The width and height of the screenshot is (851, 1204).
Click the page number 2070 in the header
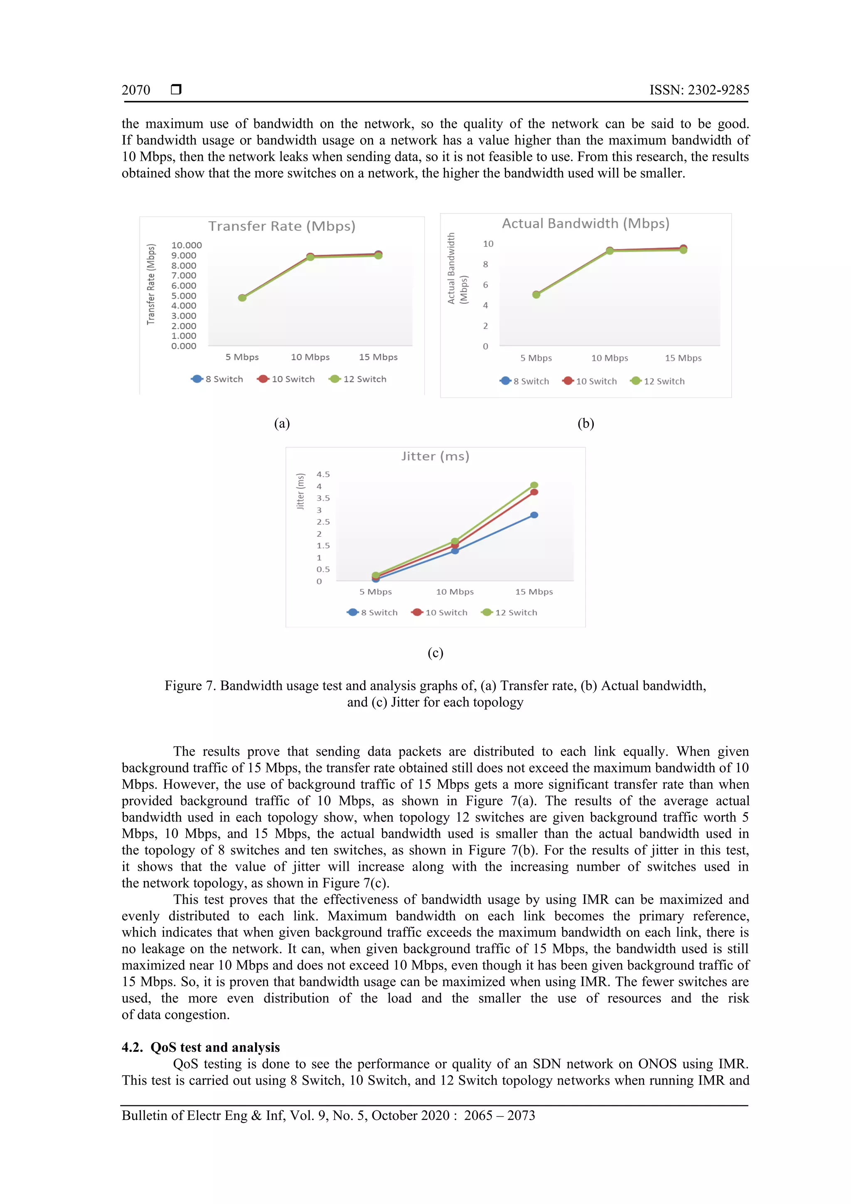click(136, 90)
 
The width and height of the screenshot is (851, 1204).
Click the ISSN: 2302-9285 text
click(699, 90)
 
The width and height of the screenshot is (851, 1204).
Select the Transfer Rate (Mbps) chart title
click(282, 226)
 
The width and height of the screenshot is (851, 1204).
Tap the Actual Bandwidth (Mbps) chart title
click(585, 224)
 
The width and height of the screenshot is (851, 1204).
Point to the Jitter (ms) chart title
click(435, 456)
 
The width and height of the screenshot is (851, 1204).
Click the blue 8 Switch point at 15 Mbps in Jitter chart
click(534, 515)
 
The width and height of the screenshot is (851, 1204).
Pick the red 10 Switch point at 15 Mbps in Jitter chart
click(534, 492)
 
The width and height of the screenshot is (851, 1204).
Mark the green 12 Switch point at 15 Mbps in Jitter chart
click(534, 485)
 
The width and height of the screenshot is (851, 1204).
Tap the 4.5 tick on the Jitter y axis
click(323, 475)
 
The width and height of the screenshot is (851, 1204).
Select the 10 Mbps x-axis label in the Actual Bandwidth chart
click(609, 358)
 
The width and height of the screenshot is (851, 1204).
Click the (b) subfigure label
click(585, 424)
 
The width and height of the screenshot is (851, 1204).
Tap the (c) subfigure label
click(435, 653)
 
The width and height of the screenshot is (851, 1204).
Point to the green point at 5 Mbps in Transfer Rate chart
click(242, 298)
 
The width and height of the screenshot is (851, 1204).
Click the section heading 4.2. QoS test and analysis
click(201, 1047)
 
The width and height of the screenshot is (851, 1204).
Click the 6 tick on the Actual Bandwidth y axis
click(485, 285)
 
